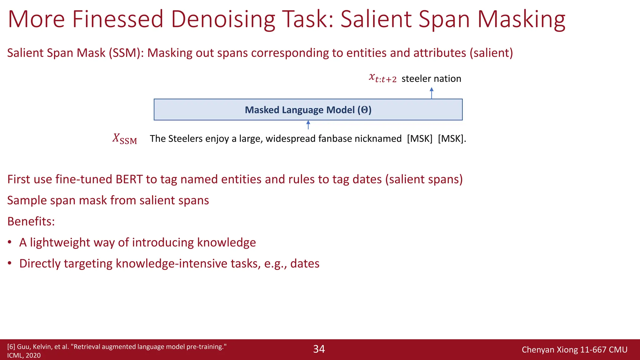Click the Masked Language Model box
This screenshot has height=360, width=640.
pos(308,110)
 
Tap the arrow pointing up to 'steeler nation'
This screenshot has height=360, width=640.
pos(432,93)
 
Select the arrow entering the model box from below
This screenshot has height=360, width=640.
pos(308,125)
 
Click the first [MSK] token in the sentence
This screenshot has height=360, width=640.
pos(420,138)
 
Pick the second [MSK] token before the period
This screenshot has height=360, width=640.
pos(450,138)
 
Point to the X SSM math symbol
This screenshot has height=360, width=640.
pos(125,139)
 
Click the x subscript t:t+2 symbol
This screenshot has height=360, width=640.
pos(382,78)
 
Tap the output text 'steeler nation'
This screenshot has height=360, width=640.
pos(431,78)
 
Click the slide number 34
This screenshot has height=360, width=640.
pos(319,349)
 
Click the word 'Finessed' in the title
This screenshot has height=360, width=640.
pos(117,19)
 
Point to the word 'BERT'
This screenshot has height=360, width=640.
pos(129,179)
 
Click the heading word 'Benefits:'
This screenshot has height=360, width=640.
pos(31,221)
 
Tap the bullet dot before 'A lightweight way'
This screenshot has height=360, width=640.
pos(10,242)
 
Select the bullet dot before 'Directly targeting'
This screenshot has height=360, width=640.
pos(10,263)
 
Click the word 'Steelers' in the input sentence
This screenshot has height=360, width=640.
pos(185,138)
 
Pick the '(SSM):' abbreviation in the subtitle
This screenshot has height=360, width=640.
pos(126,53)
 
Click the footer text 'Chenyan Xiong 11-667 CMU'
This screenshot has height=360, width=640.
pos(574,350)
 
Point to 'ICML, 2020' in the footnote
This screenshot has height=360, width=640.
pos(24,356)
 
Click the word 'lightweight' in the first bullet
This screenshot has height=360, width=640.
pos(60,242)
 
